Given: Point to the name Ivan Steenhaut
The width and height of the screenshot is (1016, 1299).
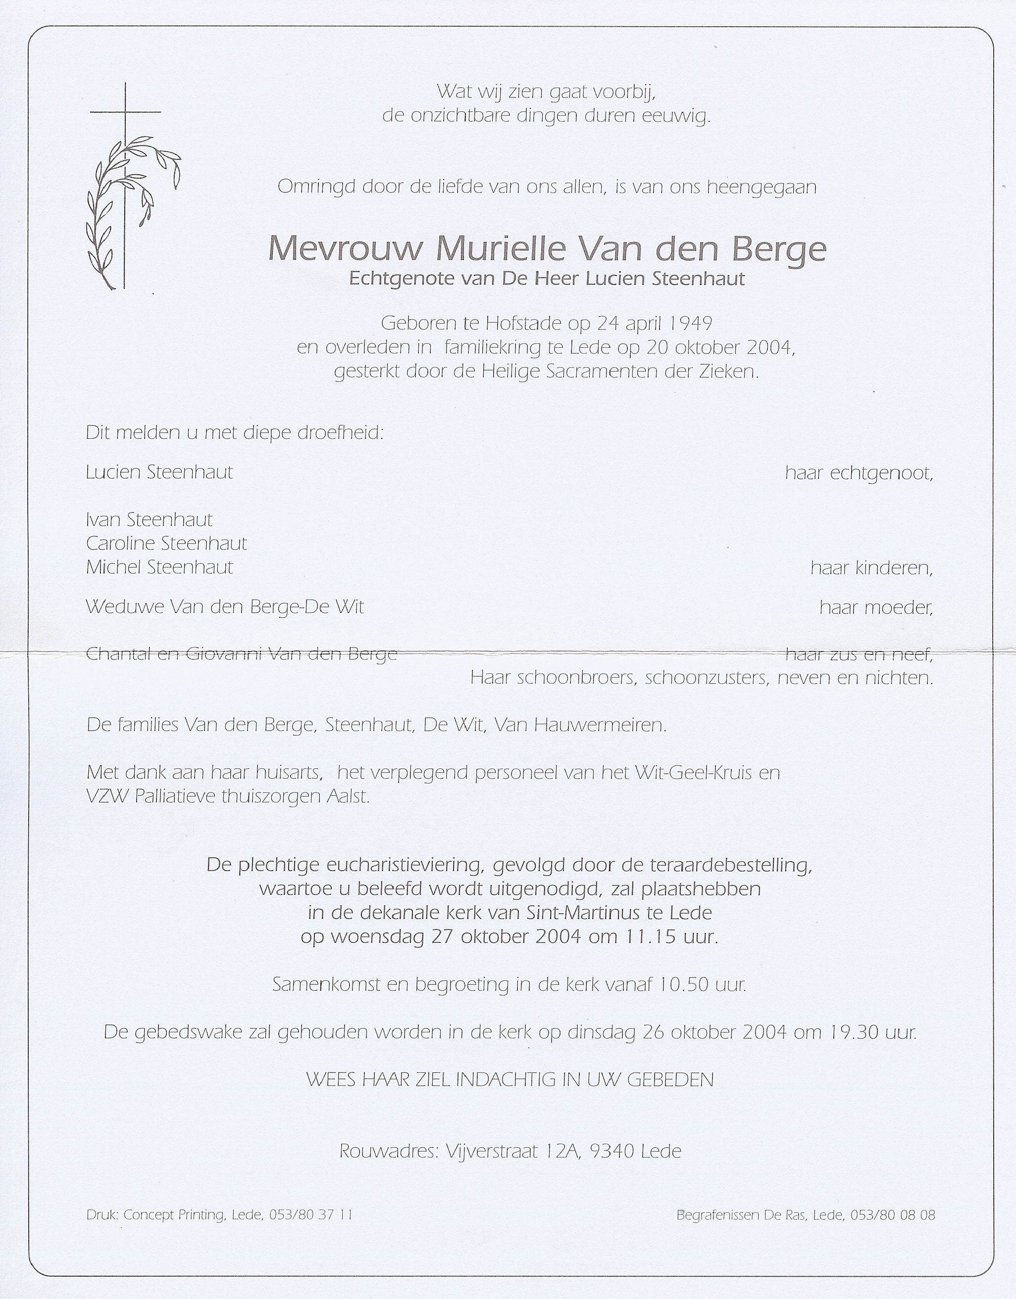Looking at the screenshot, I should pyautogui.click(x=149, y=520).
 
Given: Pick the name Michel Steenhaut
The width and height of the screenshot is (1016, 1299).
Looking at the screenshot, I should pyautogui.click(x=159, y=567).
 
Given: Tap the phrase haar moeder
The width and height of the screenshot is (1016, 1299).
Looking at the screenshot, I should pyautogui.click(x=875, y=607).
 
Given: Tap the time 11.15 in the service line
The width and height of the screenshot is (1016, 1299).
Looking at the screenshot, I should pyautogui.click(x=650, y=937).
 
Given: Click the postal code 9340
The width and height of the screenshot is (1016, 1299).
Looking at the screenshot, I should pyautogui.click(x=612, y=1151).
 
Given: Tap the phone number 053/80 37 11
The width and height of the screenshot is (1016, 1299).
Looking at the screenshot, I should pyautogui.click(x=311, y=1214).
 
